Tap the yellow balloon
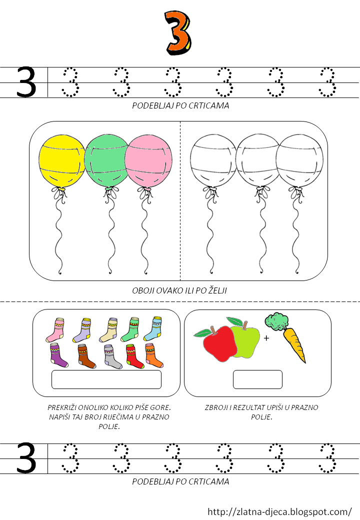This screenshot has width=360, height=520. (x=61, y=161)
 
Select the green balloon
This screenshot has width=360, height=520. (x=106, y=161)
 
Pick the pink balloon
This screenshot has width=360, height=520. (x=148, y=161)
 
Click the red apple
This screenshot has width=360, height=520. (x=218, y=343)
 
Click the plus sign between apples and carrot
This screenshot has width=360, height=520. (x=266, y=338)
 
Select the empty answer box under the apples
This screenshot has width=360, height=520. (x=257, y=379)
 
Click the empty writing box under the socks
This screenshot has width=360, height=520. (x=106, y=379)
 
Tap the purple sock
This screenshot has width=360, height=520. (x=58, y=355)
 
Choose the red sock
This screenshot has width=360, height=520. (x=135, y=356)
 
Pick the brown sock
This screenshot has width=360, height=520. (x=86, y=356)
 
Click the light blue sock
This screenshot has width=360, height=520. (x=153, y=328)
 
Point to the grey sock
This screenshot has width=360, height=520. (x=112, y=356)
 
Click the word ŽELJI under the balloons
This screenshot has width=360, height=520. (x=217, y=290)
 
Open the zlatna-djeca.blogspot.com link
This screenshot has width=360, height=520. (x=279, y=511)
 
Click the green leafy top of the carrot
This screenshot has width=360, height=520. (x=276, y=321)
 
